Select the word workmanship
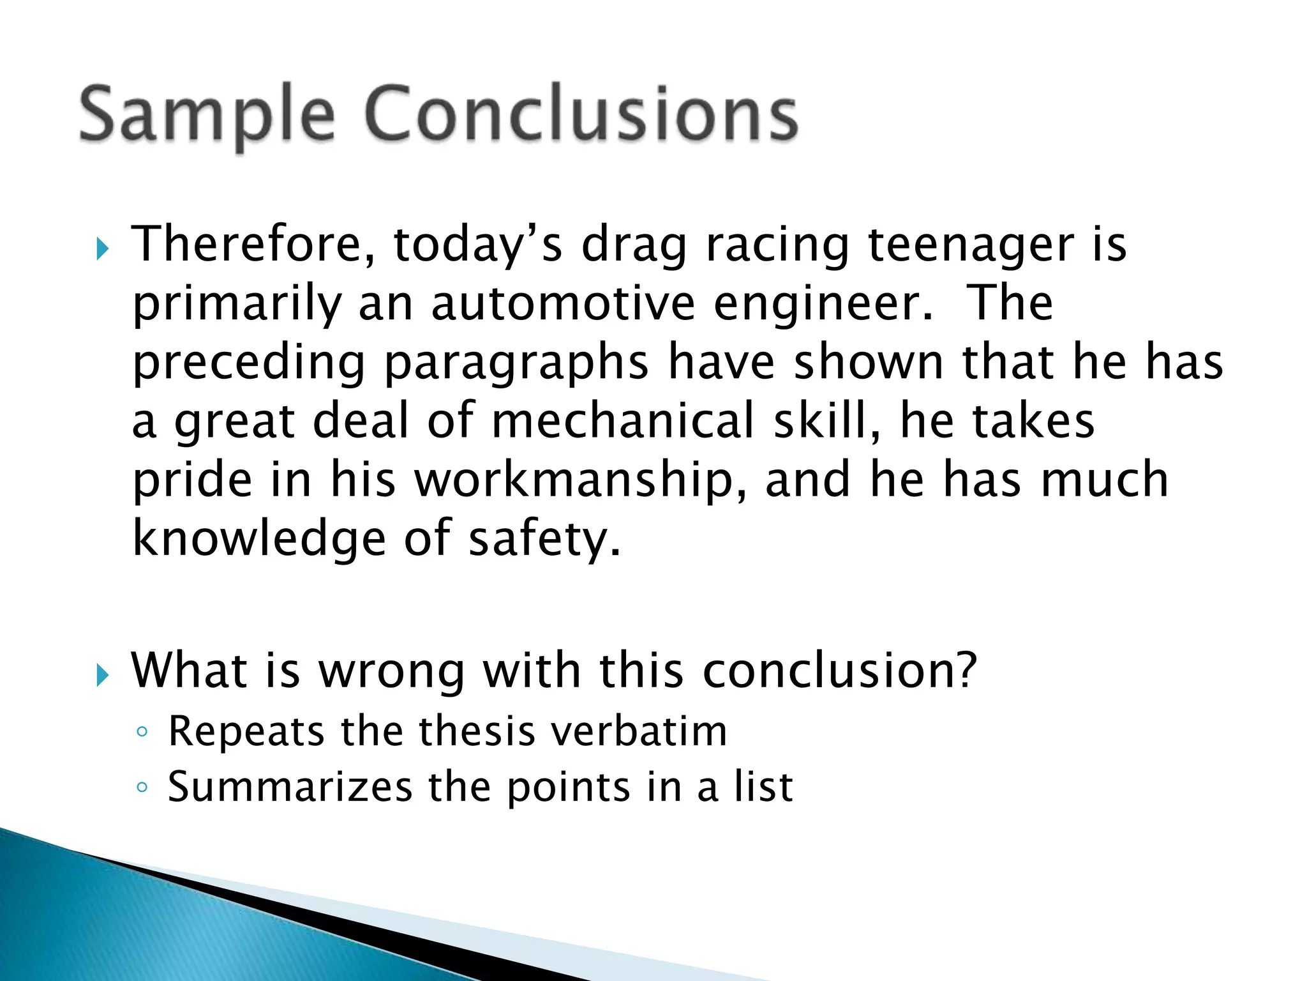click(580, 481)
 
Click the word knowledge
click(259, 539)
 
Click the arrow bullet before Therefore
click(102, 248)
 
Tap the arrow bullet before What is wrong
click(102, 674)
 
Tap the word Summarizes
click(290, 787)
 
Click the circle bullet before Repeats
click(142, 733)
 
